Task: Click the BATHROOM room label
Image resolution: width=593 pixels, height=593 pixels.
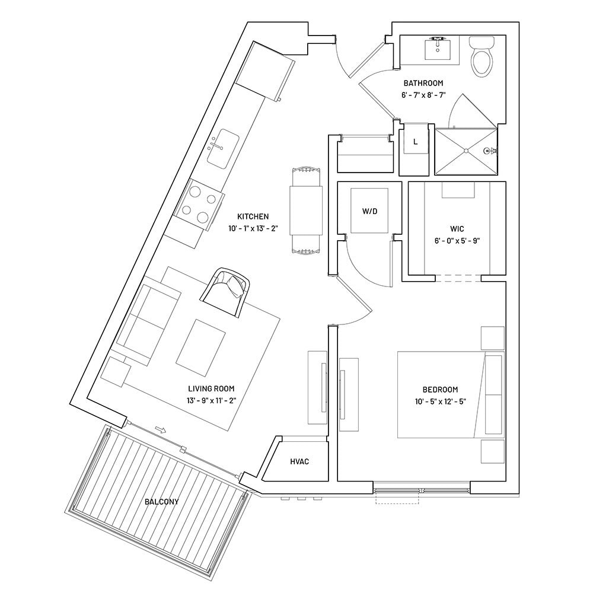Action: [x=423, y=84]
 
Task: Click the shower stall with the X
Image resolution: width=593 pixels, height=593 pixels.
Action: [x=466, y=152]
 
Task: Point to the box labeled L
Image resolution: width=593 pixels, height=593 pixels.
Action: [x=415, y=142]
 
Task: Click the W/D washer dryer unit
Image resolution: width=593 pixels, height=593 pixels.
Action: [x=369, y=211]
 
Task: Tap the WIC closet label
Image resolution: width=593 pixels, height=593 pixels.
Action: [x=456, y=228]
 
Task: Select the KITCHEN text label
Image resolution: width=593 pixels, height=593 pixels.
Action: [x=253, y=217]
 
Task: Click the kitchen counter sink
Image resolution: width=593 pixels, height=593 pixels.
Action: [x=223, y=148]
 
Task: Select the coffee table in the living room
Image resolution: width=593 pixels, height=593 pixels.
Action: [x=200, y=347]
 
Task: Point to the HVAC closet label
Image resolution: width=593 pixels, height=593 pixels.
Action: [x=299, y=461]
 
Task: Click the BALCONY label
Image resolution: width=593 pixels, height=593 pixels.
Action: [x=161, y=502]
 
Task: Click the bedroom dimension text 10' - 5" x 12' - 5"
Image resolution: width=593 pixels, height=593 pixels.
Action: [x=440, y=401]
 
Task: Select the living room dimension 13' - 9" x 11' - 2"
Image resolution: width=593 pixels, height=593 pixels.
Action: [x=211, y=400]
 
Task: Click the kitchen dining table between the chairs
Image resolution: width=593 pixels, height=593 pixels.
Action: [x=306, y=211]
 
